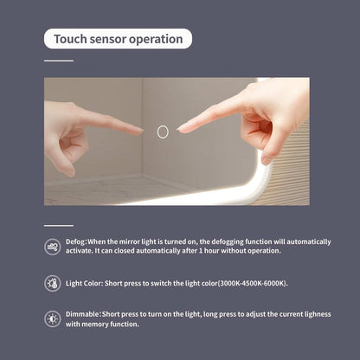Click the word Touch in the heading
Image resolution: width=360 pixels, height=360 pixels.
click(x=70, y=39)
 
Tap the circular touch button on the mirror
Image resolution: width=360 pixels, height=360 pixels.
click(x=163, y=132)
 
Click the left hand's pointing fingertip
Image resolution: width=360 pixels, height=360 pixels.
click(x=142, y=132)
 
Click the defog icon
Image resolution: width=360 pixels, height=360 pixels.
click(x=53, y=247)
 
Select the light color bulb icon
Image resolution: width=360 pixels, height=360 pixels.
click(x=53, y=283)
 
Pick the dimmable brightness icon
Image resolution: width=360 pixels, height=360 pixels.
click(x=53, y=319)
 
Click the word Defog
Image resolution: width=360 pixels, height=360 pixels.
click(x=75, y=241)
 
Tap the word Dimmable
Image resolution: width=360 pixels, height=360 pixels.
click(x=82, y=314)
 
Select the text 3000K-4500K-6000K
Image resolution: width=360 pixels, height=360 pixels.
click(x=253, y=283)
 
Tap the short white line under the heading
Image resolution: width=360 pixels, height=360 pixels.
click(x=59, y=61)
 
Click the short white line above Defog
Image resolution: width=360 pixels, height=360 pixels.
click(x=59, y=226)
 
